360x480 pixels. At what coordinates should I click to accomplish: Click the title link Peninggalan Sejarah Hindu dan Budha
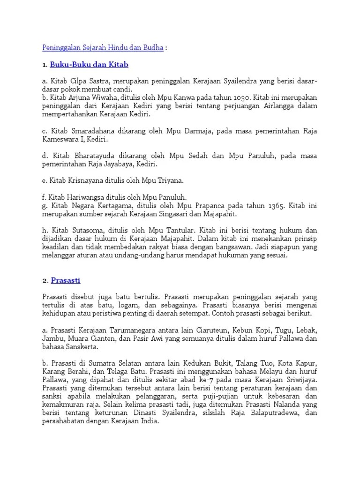point(103,48)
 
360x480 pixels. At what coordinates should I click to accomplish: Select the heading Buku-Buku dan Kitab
point(89,64)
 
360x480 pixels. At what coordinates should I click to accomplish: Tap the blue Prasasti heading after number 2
point(65,280)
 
